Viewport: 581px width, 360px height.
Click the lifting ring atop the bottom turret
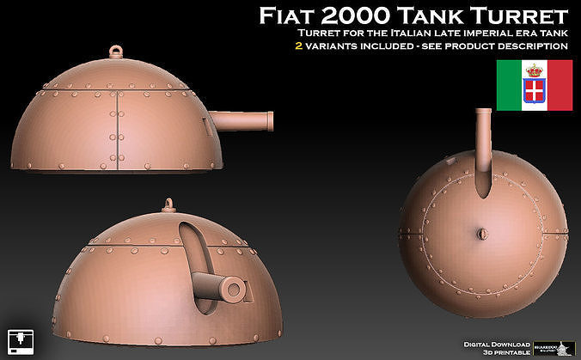tap(167, 205)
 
